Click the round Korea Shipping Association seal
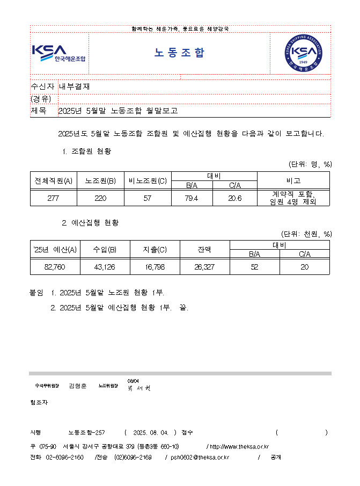pyautogui.click(x=304, y=53)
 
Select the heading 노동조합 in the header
pyautogui.click(x=180, y=53)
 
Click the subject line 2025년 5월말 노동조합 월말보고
pyautogui.click(x=117, y=111)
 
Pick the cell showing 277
pyautogui.click(x=53, y=198)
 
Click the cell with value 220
pyautogui.click(x=100, y=198)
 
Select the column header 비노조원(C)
pyautogui.click(x=148, y=181)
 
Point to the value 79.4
pyautogui.click(x=192, y=198)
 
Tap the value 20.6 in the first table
pyautogui.click(x=235, y=198)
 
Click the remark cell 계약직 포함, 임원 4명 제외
pyautogui.click(x=293, y=198)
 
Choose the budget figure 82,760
pyautogui.click(x=55, y=266)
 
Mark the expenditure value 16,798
pyautogui.click(x=155, y=266)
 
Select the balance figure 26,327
pyautogui.click(x=204, y=266)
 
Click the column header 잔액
pyautogui.click(x=204, y=249)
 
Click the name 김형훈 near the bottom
pyautogui.click(x=78, y=386)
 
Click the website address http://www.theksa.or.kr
pyautogui.click(x=239, y=446)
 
